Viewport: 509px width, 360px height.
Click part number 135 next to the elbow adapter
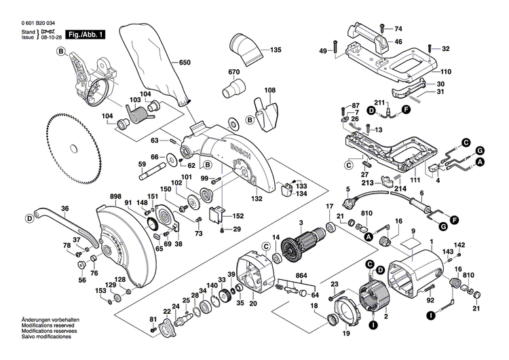[x=275, y=51]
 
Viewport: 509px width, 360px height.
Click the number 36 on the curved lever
[x=64, y=209]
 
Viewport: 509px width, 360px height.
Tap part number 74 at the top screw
[x=398, y=28]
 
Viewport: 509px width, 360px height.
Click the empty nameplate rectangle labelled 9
[x=408, y=236]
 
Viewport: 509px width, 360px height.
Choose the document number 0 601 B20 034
[x=41, y=22]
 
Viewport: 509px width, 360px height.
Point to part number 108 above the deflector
[x=269, y=90]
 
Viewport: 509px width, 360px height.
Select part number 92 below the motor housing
[x=430, y=299]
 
